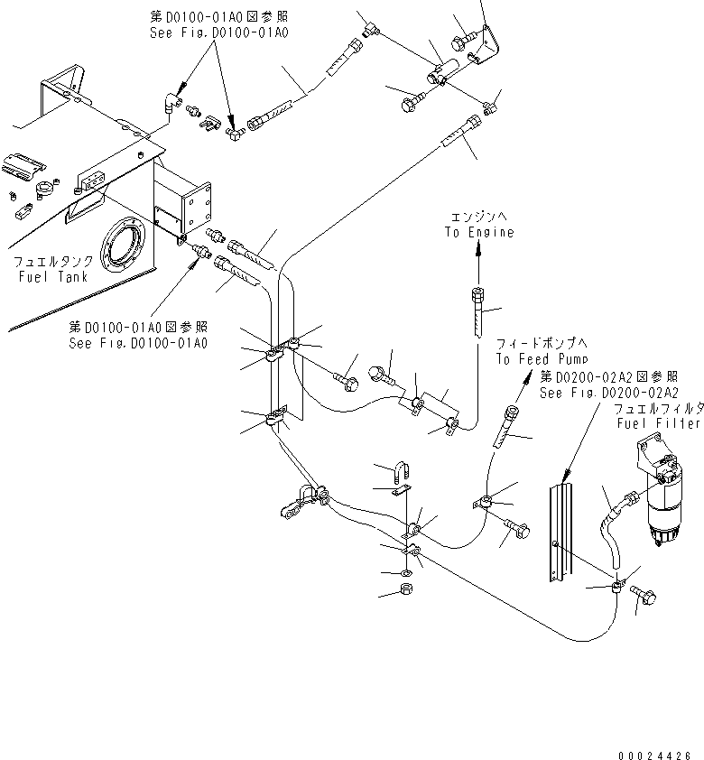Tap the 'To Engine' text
click(x=478, y=232)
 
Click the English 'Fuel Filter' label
click(x=658, y=422)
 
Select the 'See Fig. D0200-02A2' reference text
click(x=608, y=393)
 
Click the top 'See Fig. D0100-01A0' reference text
click(x=218, y=32)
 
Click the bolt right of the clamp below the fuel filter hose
click(x=647, y=593)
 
